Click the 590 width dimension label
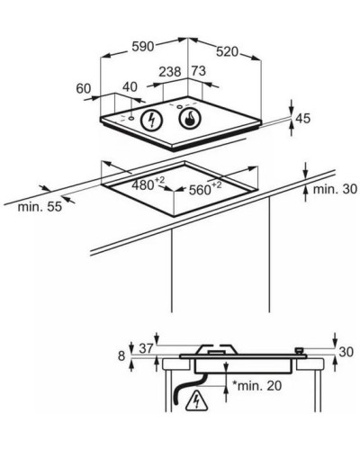click(143, 47)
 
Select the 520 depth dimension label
click(227, 52)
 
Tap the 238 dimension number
click(170, 72)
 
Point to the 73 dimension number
click(199, 71)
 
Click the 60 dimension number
click(84, 89)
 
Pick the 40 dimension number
click(130, 87)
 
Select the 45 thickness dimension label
click(302, 119)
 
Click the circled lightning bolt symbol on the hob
click(152, 121)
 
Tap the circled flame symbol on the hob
click(189, 119)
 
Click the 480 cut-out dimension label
click(148, 184)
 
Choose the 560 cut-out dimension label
click(205, 189)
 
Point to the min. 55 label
click(40, 207)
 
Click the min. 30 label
click(335, 189)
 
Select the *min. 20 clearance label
click(257, 386)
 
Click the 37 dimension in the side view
click(146, 348)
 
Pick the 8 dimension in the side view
click(121, 356)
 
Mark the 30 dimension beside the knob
click(346, 352)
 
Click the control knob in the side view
click(299, 351)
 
